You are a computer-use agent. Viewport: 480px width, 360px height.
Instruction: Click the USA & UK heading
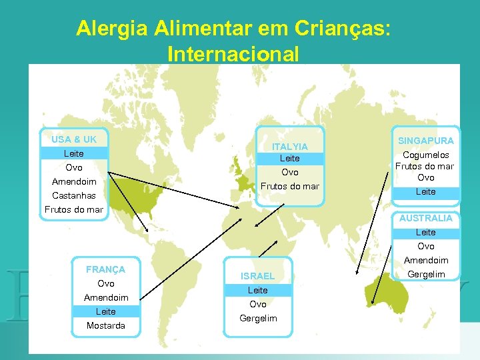(73, 139)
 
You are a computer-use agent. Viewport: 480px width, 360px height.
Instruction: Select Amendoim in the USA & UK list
(73, 182)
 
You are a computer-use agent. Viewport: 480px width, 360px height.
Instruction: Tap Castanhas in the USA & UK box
(73, 196)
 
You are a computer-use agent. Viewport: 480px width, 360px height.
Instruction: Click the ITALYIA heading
(289, 147)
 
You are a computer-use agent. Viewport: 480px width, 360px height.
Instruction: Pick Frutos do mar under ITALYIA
(289, 186)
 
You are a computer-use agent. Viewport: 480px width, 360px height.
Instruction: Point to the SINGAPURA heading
(425, 141)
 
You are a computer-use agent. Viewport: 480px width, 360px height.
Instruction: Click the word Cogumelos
(425, 155)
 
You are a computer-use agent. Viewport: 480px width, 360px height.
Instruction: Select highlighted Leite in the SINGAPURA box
(425, 192)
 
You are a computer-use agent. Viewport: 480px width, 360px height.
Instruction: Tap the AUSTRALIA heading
(425, 218)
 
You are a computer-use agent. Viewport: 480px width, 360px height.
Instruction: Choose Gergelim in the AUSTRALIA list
(425, 274)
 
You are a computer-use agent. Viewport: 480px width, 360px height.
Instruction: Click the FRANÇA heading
(105, 269)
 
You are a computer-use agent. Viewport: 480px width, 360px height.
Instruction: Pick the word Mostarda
(105, 326)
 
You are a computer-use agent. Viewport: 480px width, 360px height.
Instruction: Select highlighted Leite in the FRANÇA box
(105, 311)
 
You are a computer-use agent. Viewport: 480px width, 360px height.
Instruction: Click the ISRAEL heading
(257, 276)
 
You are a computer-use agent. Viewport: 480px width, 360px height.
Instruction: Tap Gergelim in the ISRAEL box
(257, 319)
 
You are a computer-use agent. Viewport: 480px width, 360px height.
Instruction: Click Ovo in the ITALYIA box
(289, 172)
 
